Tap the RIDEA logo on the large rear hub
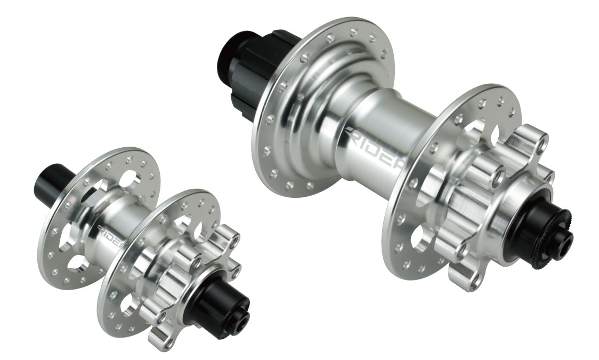pos(373,149)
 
